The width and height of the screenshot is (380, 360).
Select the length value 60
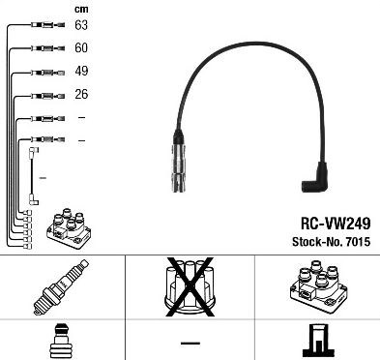pos(81,46)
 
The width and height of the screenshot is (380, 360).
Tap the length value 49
pos(81,71)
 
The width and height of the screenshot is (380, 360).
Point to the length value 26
pos(81,94)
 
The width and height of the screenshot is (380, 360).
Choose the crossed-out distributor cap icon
pos(190,286)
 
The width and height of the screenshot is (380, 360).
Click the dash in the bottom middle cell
pos(190,343)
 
